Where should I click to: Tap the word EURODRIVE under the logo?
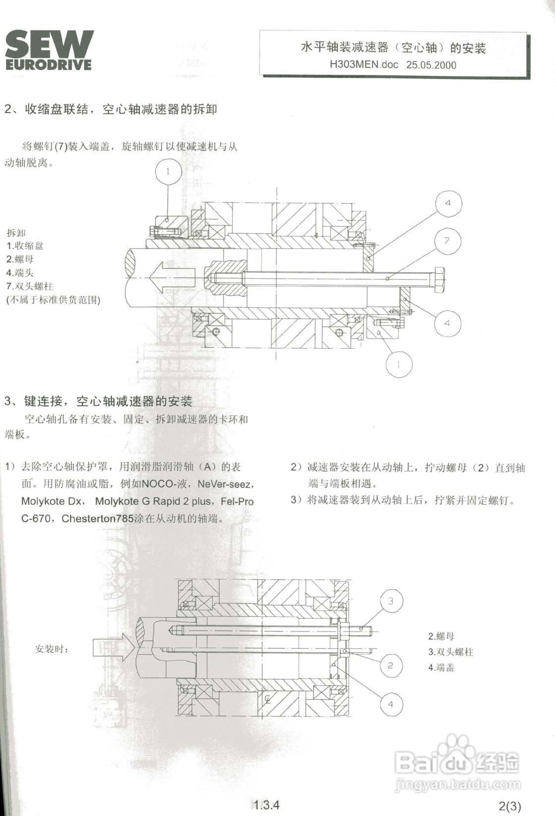click(x=49, y=65)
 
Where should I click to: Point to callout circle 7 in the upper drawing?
click(x=447, y=241)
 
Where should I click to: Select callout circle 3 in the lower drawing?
click(x=390, y=601)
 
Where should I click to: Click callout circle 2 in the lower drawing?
click(x=390, y=665)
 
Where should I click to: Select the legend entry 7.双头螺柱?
click(x=30, y=286)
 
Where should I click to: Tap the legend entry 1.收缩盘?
click(x=25, y=246)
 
